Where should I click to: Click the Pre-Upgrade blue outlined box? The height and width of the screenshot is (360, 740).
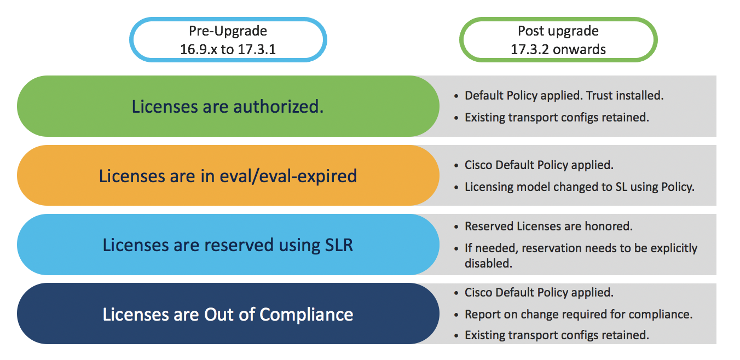pyautogui.click(x=228, y=39)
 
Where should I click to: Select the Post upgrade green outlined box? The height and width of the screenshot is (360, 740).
pyautogui.click(x=558, y=39)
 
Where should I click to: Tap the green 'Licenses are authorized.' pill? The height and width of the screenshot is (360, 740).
pyautogui.click(x=228, y=106)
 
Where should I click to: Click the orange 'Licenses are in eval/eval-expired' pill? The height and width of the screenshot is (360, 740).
pyautogui.click(x=228, y=176)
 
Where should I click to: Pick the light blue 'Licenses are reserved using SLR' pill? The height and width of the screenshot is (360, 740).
pyautogui.click(x=228, y=245)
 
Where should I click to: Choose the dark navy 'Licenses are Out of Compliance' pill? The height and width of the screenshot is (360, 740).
pyautogui.click(x=228, y=314)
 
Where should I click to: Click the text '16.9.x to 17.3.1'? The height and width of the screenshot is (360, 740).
pyautogui.click(x=228, y=49)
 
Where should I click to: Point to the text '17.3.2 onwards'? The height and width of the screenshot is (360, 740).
pyautogui.click(x=558, y=49)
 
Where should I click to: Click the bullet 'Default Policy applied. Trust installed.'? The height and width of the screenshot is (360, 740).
pyautogui.click(x=564, y=96)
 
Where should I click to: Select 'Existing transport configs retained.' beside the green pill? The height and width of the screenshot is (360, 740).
pyautogui.click(x=557, y=117)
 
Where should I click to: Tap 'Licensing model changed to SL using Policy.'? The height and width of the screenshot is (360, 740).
pyautogui.click(x=579, y=187)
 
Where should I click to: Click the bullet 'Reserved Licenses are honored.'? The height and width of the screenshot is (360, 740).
pyautogui.click(x=548, y=226)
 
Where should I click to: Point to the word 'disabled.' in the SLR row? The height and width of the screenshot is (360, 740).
pyautogui.click(x=488, y=263)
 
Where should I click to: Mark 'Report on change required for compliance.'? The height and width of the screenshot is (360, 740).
pyautogui.click(x=579, y=314)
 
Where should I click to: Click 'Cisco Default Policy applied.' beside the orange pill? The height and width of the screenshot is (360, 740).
pyautogui.click(x=539, y=165)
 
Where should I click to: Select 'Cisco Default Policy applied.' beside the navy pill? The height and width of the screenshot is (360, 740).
pyautogui.click(x=539, y=292)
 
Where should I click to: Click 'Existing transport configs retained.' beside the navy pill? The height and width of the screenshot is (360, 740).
pyautogui.click(x=557, y=335)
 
